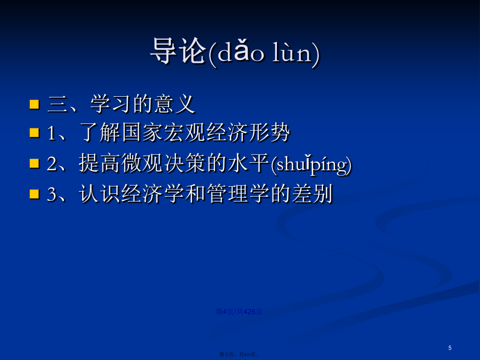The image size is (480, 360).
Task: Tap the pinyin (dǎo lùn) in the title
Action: coord(264,53)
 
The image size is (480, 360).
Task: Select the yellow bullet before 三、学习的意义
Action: coord(34,104)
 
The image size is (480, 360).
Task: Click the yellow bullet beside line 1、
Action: coord(34,133)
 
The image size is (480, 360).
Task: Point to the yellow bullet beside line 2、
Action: coord(34,163)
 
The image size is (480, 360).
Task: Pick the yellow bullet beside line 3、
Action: coord(34,194)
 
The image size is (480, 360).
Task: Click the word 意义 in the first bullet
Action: coord(174,104)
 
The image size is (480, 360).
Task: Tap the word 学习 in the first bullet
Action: coord(111,104)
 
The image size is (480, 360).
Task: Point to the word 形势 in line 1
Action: coord(269,132)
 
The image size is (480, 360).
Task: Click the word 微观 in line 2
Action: coord(142,163)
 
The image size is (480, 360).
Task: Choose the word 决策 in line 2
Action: coord(185,163)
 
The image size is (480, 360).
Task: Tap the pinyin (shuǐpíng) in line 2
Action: coord(311,165)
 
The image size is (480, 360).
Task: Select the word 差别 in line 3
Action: coord(312,193)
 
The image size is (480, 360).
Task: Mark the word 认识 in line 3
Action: coord(100,193)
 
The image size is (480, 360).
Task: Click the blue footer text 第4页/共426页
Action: coord(239,311)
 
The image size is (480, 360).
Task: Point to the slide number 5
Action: coord(450,348)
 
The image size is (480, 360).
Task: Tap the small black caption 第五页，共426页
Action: coord(239,355)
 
